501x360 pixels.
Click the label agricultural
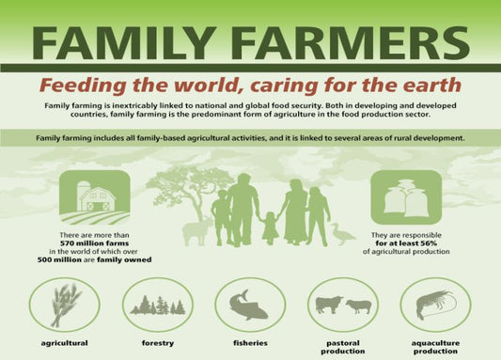[x=64, y=344]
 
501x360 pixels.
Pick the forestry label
[x=157, y=344]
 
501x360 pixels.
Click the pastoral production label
[x=342, y=347]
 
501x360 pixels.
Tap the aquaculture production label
[x=435, y=347]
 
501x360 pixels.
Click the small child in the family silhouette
[x=269, y=227]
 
